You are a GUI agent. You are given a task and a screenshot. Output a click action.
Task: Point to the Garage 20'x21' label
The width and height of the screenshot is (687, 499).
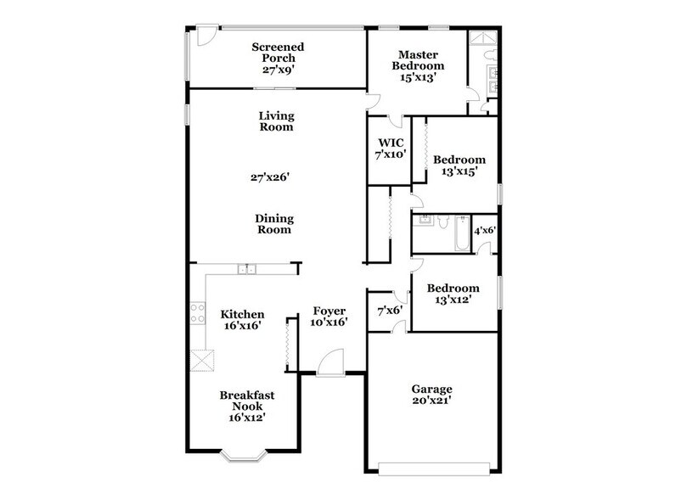tap(432, 395)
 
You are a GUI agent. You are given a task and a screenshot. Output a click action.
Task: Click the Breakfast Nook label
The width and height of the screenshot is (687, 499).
tap(247, 406)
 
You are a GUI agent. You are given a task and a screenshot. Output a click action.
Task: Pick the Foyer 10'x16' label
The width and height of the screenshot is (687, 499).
tap(327, 317)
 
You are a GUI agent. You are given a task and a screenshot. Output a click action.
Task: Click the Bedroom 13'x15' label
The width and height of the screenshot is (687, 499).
tap(459, 165)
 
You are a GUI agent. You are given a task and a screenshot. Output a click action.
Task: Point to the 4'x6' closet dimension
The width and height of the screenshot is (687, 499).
tap(484, 230)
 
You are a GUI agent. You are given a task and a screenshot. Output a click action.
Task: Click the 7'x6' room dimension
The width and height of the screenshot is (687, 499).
tap(389, 311)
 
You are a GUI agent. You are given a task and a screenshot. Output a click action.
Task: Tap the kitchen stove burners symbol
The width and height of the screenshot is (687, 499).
tap(196, 312)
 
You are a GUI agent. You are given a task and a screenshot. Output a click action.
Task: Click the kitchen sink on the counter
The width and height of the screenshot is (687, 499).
tap(247, 270)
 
